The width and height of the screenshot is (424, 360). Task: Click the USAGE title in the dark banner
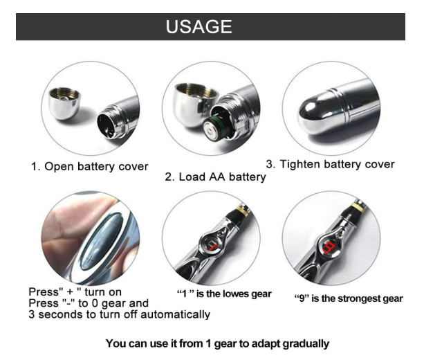click(x=199, y=26)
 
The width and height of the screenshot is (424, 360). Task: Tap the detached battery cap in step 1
click(x=64, y=103)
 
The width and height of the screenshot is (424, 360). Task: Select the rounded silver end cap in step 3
click(x=313, y=114)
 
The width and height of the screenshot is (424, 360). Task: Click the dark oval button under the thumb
click(x=102, y=242)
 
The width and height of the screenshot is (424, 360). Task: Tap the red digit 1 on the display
click(x=213, y=246)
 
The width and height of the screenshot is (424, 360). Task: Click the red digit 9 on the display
click(x=329, y=247)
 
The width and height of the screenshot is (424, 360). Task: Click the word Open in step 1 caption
click(x=59, y=167)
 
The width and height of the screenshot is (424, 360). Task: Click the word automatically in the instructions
click(x=175, y=314)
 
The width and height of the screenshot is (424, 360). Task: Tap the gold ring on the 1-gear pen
click(x=243, y=211)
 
